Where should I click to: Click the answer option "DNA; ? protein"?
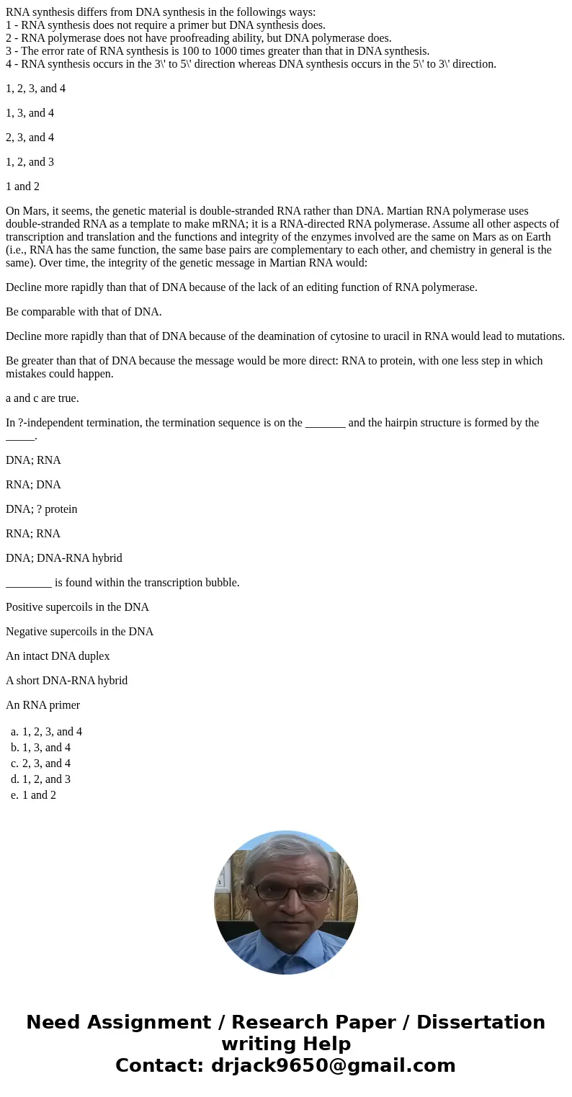(x=41, y=509)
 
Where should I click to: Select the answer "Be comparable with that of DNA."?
(x=84, y=312)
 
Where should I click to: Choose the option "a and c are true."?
(x=43, y=398)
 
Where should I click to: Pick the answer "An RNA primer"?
(x=43, y=705)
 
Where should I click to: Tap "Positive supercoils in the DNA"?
(x=77, y=607)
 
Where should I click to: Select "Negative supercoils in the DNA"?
(x=79, y=632)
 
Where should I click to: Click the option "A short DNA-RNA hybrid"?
(x=66, y=681)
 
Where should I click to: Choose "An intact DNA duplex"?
(x=58, y=656)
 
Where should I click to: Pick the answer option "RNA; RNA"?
(x=33, y=534)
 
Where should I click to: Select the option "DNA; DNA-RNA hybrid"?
(x=64, y=558)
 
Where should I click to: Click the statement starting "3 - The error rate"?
(x=218, y=51)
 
